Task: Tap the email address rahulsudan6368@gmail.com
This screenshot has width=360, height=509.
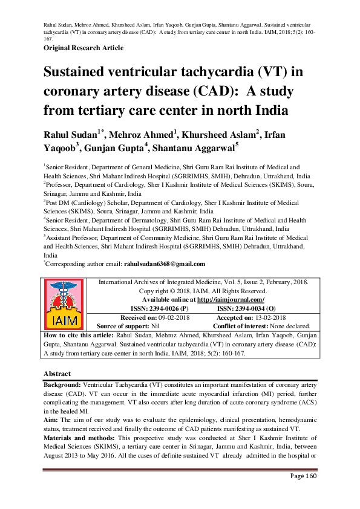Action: tap(165, 264)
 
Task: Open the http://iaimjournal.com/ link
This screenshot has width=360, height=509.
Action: tap(232, 299)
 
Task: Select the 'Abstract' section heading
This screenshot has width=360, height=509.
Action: tap(57, 374)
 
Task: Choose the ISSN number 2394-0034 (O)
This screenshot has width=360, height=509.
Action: tap(246, 308)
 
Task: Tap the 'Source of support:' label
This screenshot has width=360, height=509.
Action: tap(123, 325)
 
